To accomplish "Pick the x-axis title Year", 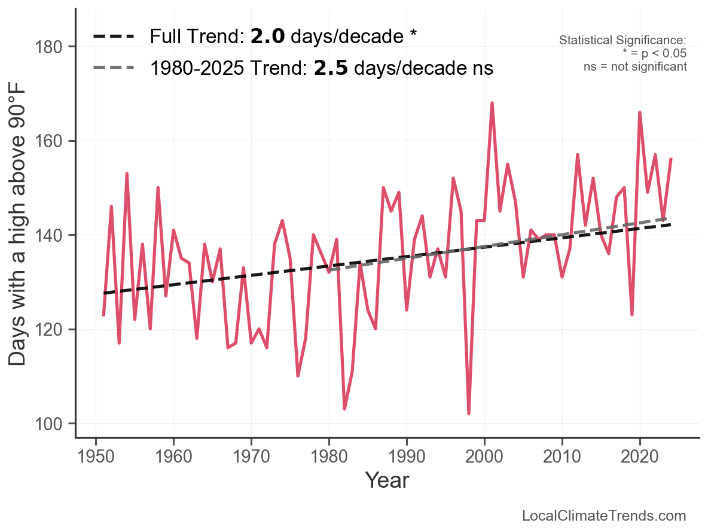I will point(387,480).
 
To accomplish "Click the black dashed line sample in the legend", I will point(114,37).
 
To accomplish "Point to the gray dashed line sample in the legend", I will point(114,69).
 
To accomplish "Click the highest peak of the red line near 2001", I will point(492,103).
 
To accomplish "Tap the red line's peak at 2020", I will point(640,113).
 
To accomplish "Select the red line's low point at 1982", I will point(344,409).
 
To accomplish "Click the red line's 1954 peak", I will point(127,174).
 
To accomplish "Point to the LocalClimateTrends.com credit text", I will point(604,516).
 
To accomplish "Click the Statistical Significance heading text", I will point(622,41).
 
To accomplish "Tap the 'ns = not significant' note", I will point(635,66).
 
